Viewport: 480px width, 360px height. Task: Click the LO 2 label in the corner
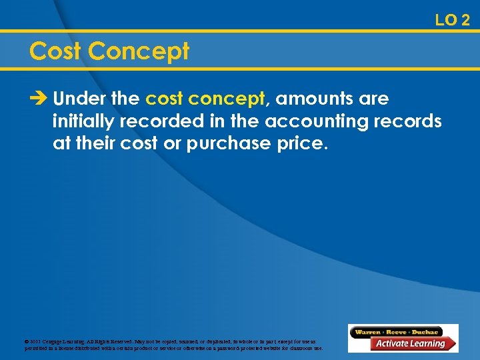452,20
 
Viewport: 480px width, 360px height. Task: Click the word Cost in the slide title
55,51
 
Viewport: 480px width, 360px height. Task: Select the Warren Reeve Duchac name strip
397,331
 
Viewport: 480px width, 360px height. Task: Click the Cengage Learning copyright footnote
173,345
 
